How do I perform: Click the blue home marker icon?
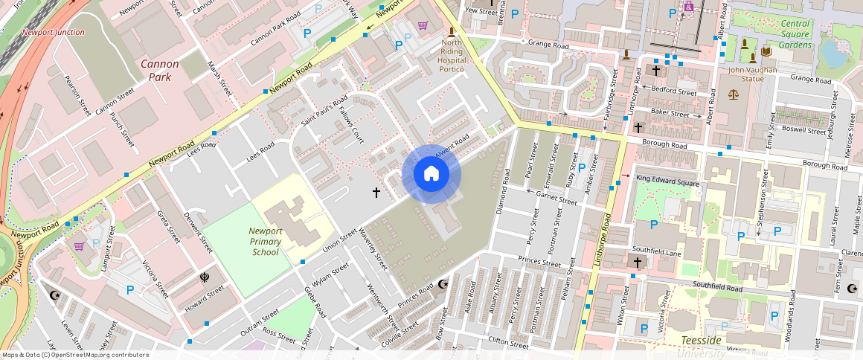click(431, 174)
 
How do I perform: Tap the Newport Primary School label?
click(266, 241)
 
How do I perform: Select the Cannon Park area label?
click(160, 70)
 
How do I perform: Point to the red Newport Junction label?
click(53, 33)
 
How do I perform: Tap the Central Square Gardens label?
click(795, 34)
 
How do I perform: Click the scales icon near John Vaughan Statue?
click(734, 95)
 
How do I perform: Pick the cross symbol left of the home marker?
click(376, 193)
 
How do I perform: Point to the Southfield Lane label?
click(656, 251)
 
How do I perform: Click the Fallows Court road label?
click(350, 124)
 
